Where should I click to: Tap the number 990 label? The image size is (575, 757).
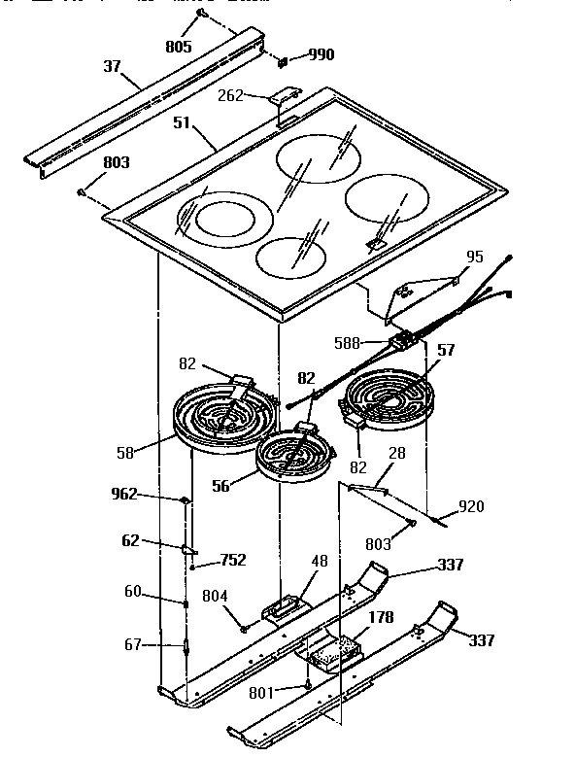click(321, 54)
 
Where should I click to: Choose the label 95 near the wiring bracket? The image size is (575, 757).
click(474, 258)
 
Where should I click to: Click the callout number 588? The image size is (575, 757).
click(374, 342)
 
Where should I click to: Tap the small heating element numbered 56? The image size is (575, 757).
click(292, 456)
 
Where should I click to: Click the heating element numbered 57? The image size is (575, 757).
click(389, 399)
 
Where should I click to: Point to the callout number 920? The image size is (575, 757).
click(471, 506)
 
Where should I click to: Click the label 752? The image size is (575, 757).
click(232, 560)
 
